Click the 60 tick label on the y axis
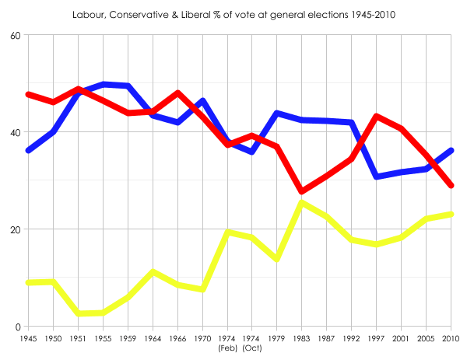coord(15,36)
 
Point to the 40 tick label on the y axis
coord(15,133)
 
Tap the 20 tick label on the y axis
coord(15,230)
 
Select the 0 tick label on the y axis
coord(18,327)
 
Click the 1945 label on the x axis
coord(28,338)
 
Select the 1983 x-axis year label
coord(302,338)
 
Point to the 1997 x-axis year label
coord(377,338)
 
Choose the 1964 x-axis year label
coord(153,338)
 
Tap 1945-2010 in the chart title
coord(370,15)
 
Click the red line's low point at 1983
coord(302,191)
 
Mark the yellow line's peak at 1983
coord(302,203)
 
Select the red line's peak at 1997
coord(377,117)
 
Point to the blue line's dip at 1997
coord(377,177)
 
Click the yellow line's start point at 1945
coord(29,282)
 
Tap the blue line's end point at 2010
coord(451,150)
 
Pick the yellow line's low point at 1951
coord(79,313)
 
